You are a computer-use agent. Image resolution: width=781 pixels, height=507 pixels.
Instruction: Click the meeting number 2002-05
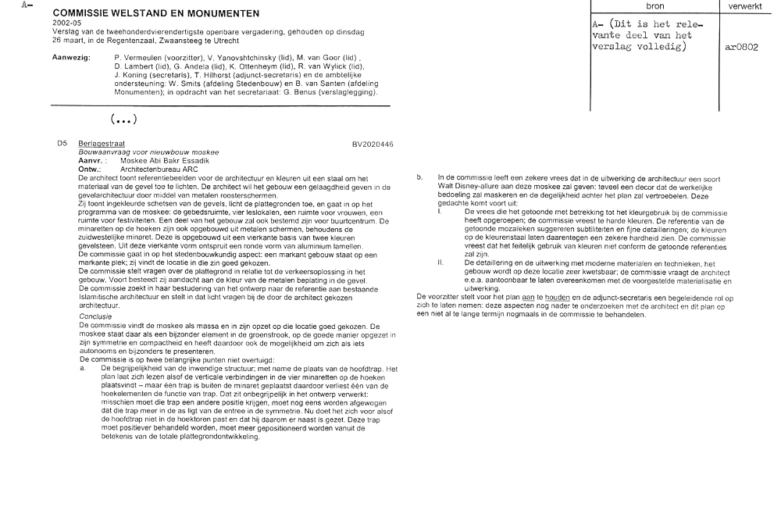click(x=64, y=23)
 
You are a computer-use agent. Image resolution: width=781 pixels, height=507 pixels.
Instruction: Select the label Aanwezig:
click(x=70, y=58)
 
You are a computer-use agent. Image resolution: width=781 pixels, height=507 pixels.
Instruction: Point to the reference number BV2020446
click(x=373, y=145)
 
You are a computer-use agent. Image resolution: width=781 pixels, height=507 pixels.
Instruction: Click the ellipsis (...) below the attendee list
click(x=124, y=120)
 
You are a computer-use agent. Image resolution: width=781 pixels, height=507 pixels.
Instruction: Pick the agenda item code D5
click(x=62, y=145)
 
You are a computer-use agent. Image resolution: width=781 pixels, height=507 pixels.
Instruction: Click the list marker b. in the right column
click(x=419, y=178)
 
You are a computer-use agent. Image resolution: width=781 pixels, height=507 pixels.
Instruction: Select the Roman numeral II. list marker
click(x=441, y=263)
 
